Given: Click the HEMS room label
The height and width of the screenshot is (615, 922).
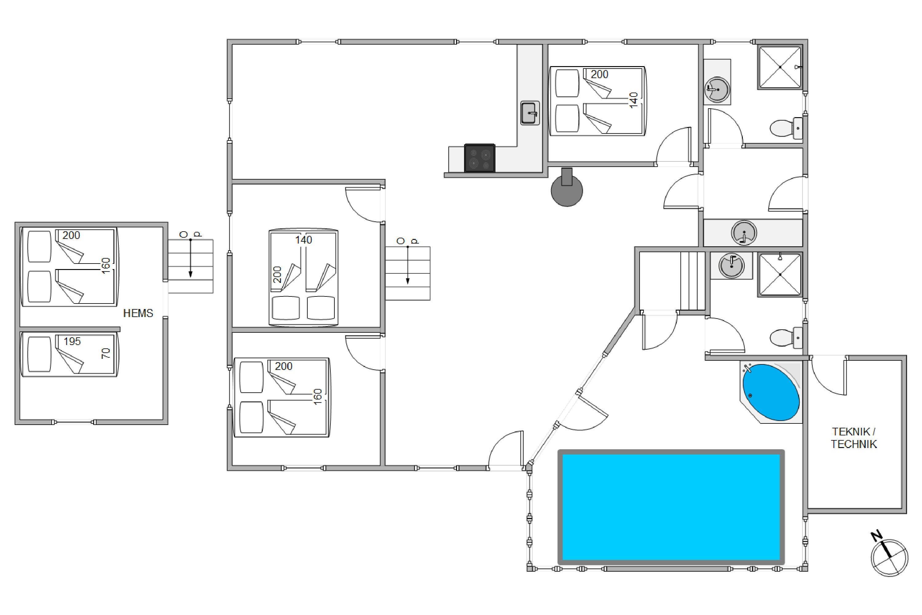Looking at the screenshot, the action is [138, 313].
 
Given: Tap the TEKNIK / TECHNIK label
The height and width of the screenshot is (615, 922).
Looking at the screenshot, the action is [853, 438].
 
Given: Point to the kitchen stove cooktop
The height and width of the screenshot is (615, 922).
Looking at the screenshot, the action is [479, 158].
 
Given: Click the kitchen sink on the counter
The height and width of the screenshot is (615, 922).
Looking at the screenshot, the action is [530, 113].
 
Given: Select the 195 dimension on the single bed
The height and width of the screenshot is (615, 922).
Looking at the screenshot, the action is [72, 341].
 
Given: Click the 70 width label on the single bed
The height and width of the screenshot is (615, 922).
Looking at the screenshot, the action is [106, 353].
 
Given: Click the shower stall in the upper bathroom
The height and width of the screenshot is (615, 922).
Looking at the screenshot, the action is [780, 67].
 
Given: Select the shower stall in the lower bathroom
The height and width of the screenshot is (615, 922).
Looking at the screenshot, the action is [780, 275].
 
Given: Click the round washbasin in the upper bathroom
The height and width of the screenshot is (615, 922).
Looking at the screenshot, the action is [717, 89].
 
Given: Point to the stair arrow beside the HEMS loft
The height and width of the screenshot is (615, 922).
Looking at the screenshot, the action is [191, 258].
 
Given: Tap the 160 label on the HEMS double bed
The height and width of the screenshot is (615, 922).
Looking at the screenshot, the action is [106, 266].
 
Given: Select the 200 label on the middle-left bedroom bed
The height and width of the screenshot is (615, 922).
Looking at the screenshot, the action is [277, 275].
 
